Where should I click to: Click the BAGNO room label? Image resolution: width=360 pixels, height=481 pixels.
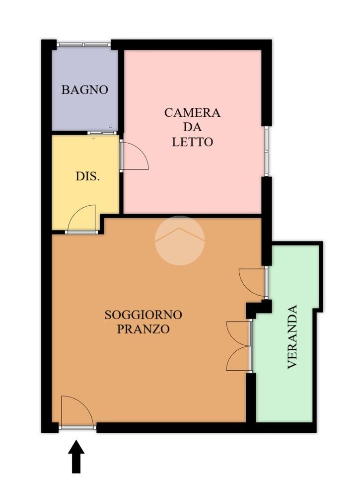click(x=84, y=90)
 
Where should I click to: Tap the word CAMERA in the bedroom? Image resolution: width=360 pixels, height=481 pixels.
click(x=192, y=113)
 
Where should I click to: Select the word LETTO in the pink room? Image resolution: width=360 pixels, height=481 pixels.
click(x=192, y=142)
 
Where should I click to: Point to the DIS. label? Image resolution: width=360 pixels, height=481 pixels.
click(x=88, y=176)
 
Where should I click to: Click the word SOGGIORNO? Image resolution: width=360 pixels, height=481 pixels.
click(x=143, y=315)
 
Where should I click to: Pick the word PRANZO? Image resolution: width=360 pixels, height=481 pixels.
click(x=143, y=329)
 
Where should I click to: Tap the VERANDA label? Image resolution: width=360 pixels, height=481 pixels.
click(x=292, y=336)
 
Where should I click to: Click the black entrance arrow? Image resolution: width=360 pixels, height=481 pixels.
click(x=76, y=457)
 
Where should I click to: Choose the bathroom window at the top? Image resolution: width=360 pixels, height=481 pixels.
click(x=84, y=45)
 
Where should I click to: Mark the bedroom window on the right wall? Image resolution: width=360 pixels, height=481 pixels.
click(x=267, y=151)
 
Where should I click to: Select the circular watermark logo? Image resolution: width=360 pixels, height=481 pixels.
click(x=180, y=240)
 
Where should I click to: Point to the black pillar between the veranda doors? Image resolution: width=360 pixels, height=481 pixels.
click(x=259, y=309)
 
